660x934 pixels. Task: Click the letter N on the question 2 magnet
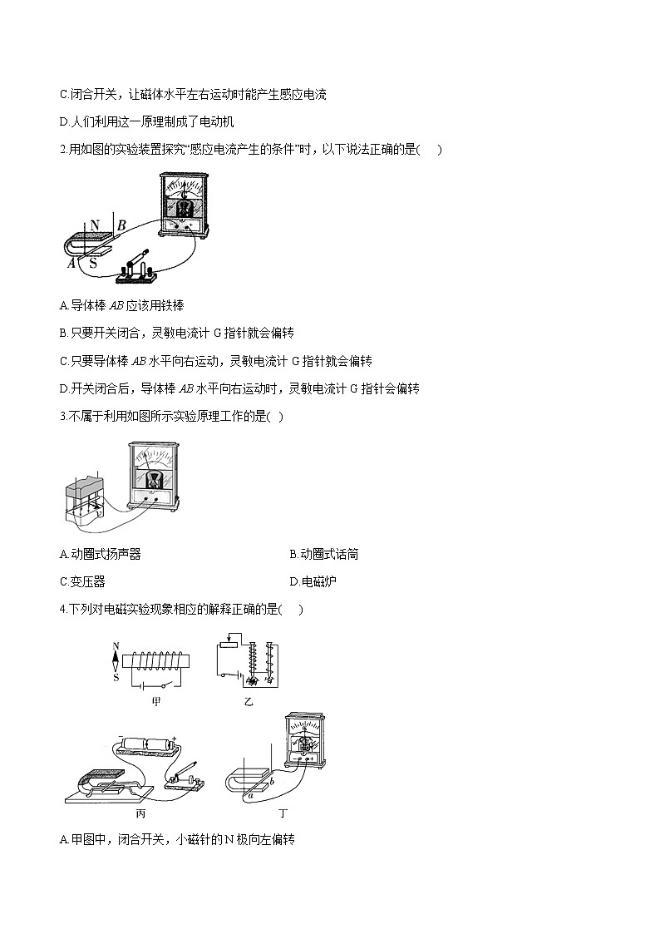[x=94, y=225]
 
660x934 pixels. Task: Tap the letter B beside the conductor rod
[x=121, y=225]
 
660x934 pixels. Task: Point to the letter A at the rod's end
[x=71, y=263]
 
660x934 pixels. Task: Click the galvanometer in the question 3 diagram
[x=154, y=473]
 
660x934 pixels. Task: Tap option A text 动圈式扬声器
[x=100, y=554]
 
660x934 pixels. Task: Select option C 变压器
[x=82, y=581]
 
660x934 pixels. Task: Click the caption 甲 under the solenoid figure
[x=155, y=701]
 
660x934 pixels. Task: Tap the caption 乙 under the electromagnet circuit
[x=248, y=701]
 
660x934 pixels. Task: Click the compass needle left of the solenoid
[x=116, y=660]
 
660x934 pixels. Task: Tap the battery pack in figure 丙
[x=149, y=744]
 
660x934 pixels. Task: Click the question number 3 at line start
[x=63, y=416]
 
